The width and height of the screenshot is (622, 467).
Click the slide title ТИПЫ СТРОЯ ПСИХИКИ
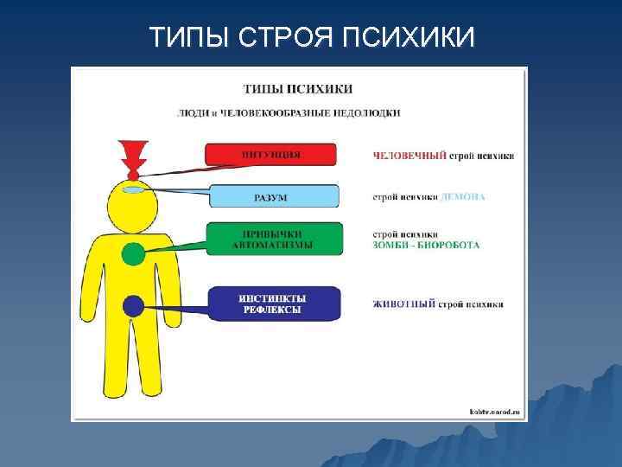[311, 37]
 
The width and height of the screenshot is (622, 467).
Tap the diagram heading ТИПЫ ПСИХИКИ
[298, 89]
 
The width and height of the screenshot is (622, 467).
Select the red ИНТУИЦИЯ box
[270, 155]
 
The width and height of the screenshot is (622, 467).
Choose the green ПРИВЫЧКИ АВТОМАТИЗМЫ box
[275, 239]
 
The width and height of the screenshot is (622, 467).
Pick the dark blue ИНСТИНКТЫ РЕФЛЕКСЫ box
[273, 304]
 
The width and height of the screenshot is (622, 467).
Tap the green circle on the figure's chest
[133, 253]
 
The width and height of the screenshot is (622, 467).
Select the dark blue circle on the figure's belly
[133, 305]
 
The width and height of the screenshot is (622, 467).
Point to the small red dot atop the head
[133, 175]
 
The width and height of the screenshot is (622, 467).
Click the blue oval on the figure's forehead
[133, 189]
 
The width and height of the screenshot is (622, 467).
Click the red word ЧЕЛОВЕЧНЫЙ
[409, 156]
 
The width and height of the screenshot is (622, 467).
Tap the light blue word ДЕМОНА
[463, 197]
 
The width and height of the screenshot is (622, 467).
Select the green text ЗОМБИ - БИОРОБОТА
[426, 245]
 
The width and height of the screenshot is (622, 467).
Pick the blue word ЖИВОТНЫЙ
[404, 304]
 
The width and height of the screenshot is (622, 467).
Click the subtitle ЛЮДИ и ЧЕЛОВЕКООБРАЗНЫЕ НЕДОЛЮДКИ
[289, 112]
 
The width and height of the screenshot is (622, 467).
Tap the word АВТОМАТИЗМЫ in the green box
[273, 245]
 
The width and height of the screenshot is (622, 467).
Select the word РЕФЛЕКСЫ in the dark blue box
[272, 310]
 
